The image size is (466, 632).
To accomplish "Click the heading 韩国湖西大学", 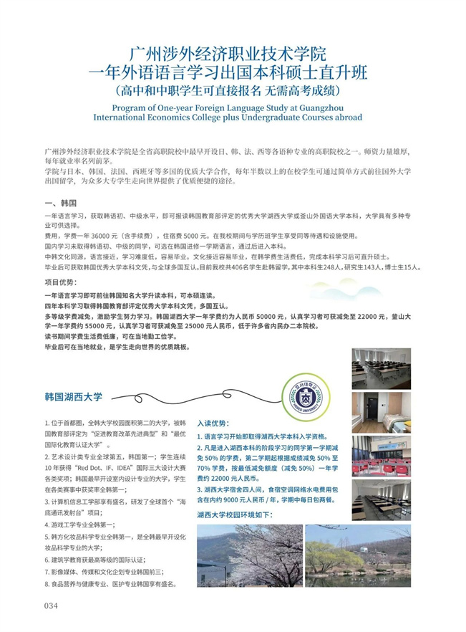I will tap(74, 396).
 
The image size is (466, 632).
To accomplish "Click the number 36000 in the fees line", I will tap(105, 235).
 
